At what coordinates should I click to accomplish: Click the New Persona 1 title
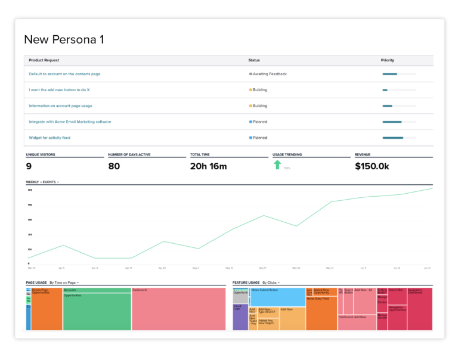[x=64, y=40]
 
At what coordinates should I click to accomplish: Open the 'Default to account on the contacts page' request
[x=64, y=74]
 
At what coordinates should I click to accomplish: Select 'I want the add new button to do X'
[x=59, y=90]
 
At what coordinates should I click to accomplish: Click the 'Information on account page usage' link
[x=60, y=106]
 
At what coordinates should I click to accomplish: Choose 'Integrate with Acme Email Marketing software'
[x=70, y=122]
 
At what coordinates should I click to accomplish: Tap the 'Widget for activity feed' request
[x=49, y=138]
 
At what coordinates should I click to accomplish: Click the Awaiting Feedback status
[x=269, y=74]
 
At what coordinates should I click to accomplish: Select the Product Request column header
[x=44, y=60]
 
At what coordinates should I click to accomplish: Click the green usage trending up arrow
[x=277, y=165]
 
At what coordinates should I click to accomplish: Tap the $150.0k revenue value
[x=372, y=166]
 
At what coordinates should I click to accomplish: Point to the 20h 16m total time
[x=208, y=166]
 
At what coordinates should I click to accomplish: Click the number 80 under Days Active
[x=114, y=166]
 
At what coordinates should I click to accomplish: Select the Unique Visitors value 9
[x=29, y=166]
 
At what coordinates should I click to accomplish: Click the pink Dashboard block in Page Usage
[x=178, y=310]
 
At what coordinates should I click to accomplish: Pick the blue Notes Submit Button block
[x=277, y=297]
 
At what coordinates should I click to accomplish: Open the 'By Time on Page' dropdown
[x=64, y=283]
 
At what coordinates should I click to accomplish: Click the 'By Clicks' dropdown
[x=271, y=283]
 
